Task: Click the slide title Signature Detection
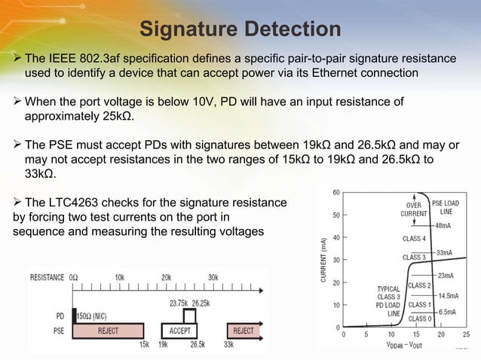point(240,29)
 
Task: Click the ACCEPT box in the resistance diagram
point(180,330)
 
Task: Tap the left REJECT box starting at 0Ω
point(108,330)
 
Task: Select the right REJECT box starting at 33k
point(243,330)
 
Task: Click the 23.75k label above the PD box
point(178,303)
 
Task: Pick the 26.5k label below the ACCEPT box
point(198,343)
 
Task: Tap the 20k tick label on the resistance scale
point(166,277)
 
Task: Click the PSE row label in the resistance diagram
point(59,330)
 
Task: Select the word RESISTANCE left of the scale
point(47,277)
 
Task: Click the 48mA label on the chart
point(443,225)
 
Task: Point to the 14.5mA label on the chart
point(448,296)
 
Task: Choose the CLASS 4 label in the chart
point(414,239)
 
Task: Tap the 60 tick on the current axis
point(335,191)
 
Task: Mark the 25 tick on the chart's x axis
point(466,334)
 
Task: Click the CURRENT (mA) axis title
point(322,261)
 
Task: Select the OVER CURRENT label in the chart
point(414,209)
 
